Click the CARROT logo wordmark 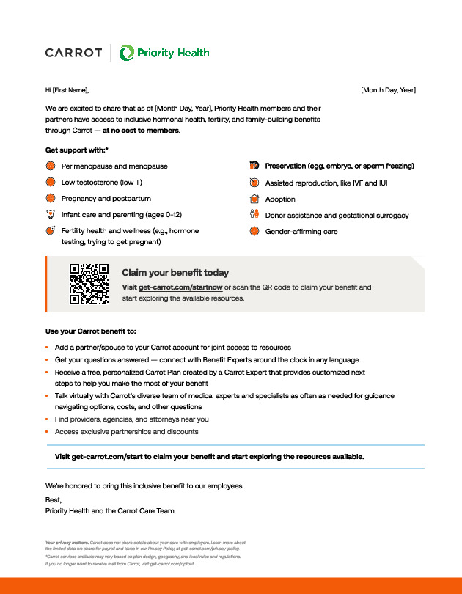(73, 53)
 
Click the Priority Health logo (164, 53)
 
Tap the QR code (89, 284)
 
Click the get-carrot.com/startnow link (170, 287)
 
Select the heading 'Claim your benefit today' (175, 273)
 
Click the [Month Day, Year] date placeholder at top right (388, 90)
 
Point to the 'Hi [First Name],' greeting (67, 90)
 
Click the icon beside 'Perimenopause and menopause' (51, 166)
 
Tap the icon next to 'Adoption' (254, 199)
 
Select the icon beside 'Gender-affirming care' (254, 231)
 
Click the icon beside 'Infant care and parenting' (51, 215)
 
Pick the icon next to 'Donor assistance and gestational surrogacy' (254, 215)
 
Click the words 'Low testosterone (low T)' (102, 183)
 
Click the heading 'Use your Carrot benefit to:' (91, 331)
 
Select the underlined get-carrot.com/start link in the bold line (107, 456)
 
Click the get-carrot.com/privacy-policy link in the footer (210, 549)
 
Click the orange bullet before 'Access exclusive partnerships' (46, 432)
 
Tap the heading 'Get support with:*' (77, 150)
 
